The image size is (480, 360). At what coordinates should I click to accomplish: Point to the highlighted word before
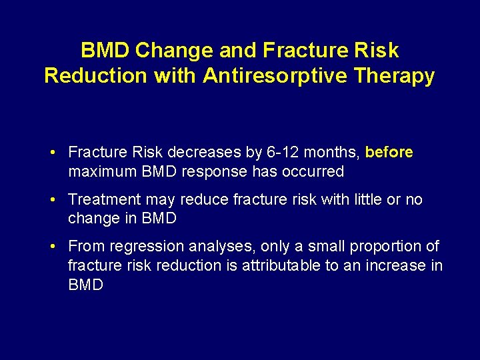389,153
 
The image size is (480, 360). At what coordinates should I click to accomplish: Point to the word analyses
206,246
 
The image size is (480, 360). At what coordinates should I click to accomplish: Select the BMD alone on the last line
85,285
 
